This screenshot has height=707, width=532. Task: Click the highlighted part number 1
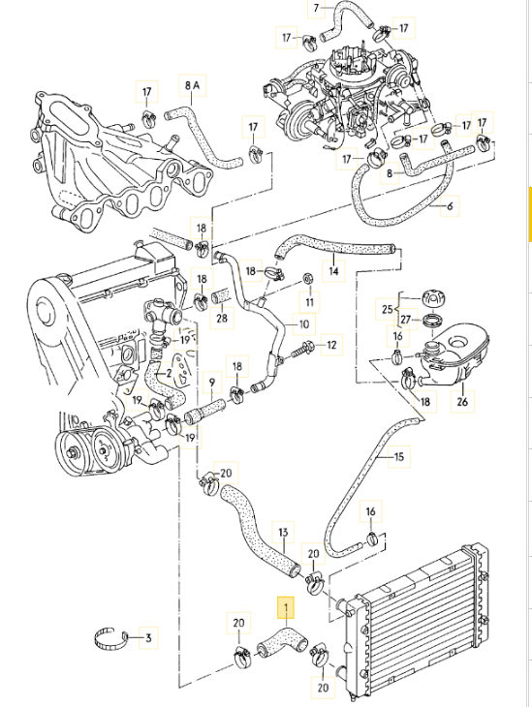point(285,608)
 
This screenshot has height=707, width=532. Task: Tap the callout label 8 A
point(191,86)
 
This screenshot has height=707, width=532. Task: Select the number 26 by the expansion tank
point(461,401)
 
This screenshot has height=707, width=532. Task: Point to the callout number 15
point(399,454)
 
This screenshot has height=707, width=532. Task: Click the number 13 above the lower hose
point(284,532)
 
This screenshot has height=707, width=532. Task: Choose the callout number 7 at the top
point(315,8)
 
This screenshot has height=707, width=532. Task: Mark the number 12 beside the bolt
point(331,344)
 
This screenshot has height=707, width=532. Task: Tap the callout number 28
point(221,318)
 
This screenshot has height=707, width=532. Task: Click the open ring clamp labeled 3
point(111,637)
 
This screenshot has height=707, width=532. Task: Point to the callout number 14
point(334,272)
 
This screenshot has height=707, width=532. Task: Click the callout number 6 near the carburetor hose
point(449,205)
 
